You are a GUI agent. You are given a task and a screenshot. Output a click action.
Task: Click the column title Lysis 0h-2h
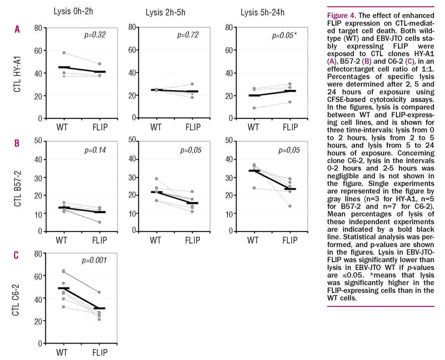73,11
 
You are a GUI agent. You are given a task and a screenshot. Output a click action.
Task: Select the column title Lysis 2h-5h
165,13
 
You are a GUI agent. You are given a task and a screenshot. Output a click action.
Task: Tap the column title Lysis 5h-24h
262,13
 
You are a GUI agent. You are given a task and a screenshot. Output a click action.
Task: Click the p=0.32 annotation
95,35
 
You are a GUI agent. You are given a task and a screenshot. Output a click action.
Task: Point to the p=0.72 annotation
188,35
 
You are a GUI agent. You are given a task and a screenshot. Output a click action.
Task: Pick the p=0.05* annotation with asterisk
284,35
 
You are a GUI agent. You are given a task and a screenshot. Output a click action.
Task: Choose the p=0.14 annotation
95,150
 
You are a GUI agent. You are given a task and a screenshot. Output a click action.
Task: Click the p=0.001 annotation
94,260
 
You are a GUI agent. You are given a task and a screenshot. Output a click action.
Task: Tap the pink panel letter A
17,29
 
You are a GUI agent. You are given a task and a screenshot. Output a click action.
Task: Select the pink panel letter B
17,143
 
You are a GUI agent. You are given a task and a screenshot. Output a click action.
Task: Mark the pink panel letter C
16,255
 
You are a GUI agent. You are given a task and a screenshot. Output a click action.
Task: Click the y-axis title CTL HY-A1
17,74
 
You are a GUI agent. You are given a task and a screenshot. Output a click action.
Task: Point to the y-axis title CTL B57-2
17,189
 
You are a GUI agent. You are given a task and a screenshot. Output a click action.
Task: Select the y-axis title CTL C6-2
16,300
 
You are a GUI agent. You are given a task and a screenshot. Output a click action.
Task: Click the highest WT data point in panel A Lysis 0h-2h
64,53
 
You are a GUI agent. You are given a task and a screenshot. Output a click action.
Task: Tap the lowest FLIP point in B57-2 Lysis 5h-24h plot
290,206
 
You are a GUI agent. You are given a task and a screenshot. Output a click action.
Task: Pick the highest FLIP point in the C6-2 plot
99,292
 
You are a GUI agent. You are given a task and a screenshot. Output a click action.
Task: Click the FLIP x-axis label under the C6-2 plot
100,353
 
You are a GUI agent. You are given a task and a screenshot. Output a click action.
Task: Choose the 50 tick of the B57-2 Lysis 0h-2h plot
38,141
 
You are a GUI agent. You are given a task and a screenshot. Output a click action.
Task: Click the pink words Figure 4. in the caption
341,16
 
